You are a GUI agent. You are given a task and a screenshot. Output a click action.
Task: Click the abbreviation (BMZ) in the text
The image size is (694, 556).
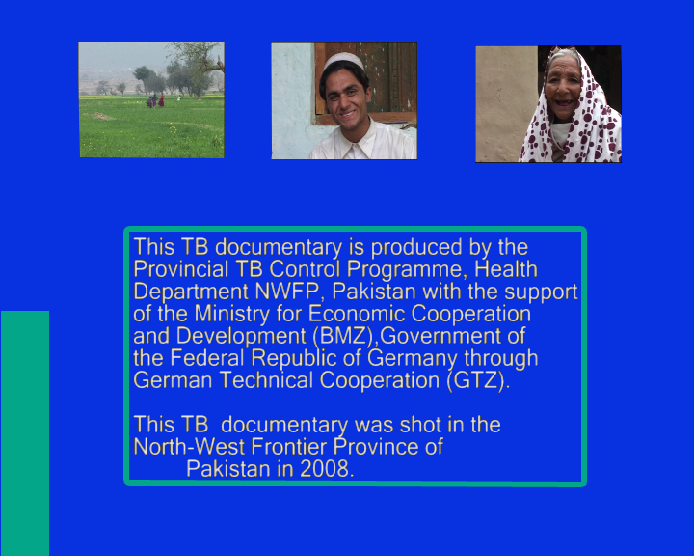343,337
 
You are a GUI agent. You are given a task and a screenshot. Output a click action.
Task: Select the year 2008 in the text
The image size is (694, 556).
327,469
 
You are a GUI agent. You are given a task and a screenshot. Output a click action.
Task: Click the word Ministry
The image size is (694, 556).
232,315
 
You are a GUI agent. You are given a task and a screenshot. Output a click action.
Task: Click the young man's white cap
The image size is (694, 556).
344,62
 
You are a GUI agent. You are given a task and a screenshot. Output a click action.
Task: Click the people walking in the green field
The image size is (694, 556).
155,101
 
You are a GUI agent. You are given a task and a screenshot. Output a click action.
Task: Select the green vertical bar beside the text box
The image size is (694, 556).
25,433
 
